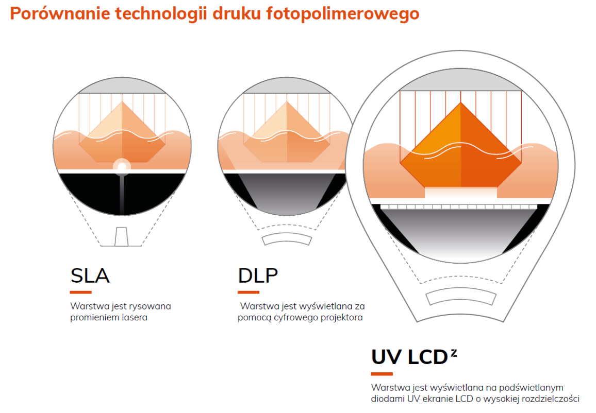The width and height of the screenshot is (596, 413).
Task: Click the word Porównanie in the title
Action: pyautogui.click(x=60, y=13)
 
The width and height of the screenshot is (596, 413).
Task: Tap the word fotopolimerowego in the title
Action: pyautogui.click(x=342, y=14)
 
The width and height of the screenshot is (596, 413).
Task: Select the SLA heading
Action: pyautogui.click(x=90, y=276)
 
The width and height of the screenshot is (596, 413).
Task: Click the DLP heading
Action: pyautogui.click(x=258, y=276)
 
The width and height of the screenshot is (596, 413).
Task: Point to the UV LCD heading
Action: pyautogui.click(x=409, y=357)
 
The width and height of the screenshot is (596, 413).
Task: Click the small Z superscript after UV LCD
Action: pyautogui.click(x=454, y=353)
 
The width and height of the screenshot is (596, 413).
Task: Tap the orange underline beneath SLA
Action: pyautogui.click(x=80, y=292)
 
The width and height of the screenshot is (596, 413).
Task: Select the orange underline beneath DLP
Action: pyautogui.click(x=248, y=292)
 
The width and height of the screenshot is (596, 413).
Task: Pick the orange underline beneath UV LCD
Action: pyautogui.click(x=382, y=374)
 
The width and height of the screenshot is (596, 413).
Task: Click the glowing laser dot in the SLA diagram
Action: pyautogui.click(x=122, y=167)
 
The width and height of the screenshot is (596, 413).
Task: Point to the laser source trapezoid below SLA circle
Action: pyautogui.click(x=121, y=237)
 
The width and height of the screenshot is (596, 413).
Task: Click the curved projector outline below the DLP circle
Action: pyautogui.click(x=287, y=238)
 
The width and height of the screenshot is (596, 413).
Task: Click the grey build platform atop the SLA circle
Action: pyautogui.click(x=122, y=87)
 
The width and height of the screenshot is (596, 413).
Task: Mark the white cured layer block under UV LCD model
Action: pyautogui.click(x=461, y=193)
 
